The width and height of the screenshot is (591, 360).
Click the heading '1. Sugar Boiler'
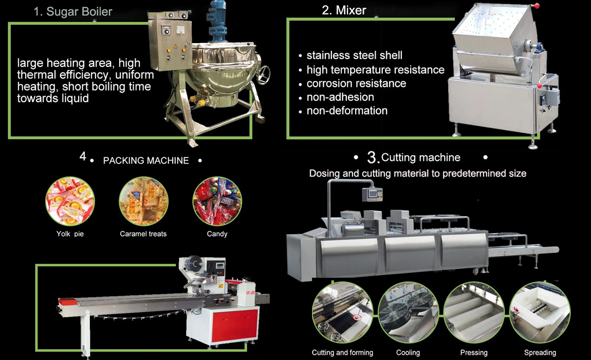pos(73,12)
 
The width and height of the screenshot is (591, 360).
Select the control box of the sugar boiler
pos(170,41)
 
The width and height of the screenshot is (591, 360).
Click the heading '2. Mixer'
pos(344,10)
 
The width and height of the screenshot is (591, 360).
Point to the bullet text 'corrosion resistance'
pos(356,83)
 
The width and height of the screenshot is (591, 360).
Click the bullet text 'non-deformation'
pos(347,111)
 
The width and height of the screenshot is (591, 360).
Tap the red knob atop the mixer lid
pos(537,6)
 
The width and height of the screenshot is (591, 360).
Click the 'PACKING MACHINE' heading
pos(146,160)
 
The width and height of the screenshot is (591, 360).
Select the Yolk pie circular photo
pos(70,201)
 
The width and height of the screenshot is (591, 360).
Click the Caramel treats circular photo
pos(143,201)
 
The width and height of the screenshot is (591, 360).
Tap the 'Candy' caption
pos(217,234)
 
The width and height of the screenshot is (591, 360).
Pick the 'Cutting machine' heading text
pos(420,157)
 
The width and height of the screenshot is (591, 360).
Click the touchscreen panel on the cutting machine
pos(372,194)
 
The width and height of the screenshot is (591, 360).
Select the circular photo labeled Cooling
pos(408,313)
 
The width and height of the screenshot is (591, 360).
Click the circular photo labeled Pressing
pos(474,313)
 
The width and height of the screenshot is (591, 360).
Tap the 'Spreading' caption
pos(540,352)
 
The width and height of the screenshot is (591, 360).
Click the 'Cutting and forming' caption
pos(342,352)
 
